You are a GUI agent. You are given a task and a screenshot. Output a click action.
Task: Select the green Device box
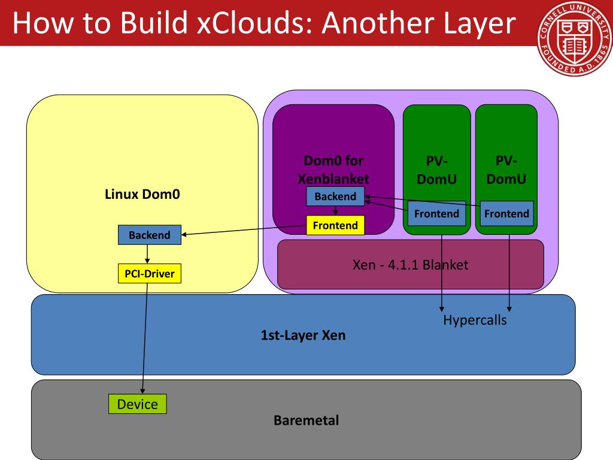137,404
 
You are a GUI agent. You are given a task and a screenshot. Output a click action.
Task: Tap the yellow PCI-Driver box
149,274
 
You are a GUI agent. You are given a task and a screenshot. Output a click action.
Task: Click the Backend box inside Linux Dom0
149,235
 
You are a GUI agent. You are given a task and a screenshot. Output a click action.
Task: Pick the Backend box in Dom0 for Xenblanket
335,196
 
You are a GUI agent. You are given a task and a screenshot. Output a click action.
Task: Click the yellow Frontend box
335,226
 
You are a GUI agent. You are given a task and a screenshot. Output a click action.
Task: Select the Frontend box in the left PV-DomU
436,213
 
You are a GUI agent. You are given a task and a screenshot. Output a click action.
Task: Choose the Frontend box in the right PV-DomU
506,213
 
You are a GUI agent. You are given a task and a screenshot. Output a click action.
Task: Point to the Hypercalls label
475,320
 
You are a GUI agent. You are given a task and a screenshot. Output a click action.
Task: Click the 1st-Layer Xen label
303,335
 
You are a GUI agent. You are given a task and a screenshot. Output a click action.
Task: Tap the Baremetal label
306,420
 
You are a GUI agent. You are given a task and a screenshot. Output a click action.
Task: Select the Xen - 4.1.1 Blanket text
411,264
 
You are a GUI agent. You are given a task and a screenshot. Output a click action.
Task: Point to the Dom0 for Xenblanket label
333,170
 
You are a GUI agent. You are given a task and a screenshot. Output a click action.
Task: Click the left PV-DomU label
436,170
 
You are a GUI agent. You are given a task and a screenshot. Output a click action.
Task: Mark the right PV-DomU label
506,170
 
